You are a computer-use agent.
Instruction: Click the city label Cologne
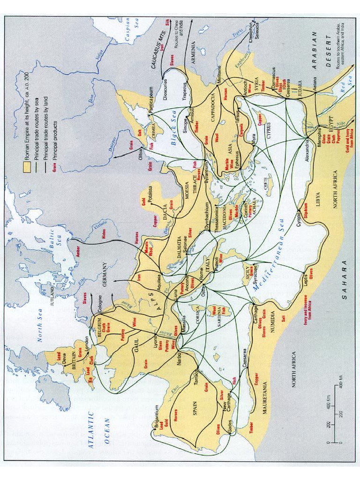coord(97,301)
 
